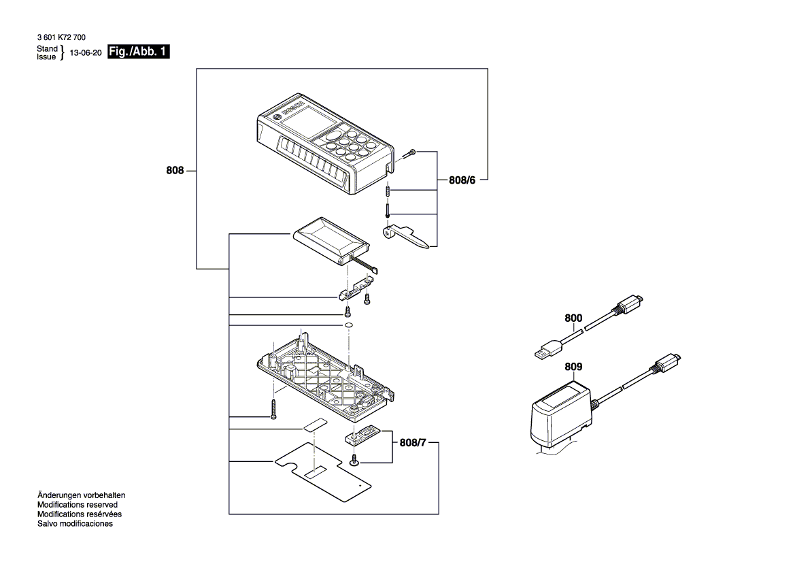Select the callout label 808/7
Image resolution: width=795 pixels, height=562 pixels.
click(415, 443)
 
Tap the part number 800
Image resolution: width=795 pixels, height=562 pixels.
click(573, 318)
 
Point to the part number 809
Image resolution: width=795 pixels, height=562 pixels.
click(573, 367)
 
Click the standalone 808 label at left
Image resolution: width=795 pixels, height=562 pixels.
click(175, 171)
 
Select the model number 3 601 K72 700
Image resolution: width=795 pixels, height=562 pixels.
click(61, 38)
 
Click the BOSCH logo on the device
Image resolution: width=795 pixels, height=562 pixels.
click(290, 109)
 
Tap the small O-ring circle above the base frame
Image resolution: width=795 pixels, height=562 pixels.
click(348, 326)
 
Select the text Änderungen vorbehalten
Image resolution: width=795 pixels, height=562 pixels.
click(81, 496)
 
